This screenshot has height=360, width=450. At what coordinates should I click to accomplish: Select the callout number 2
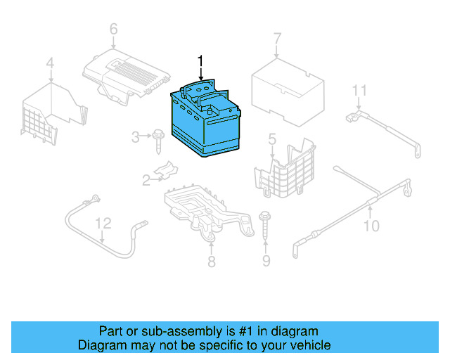pos(146,181)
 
